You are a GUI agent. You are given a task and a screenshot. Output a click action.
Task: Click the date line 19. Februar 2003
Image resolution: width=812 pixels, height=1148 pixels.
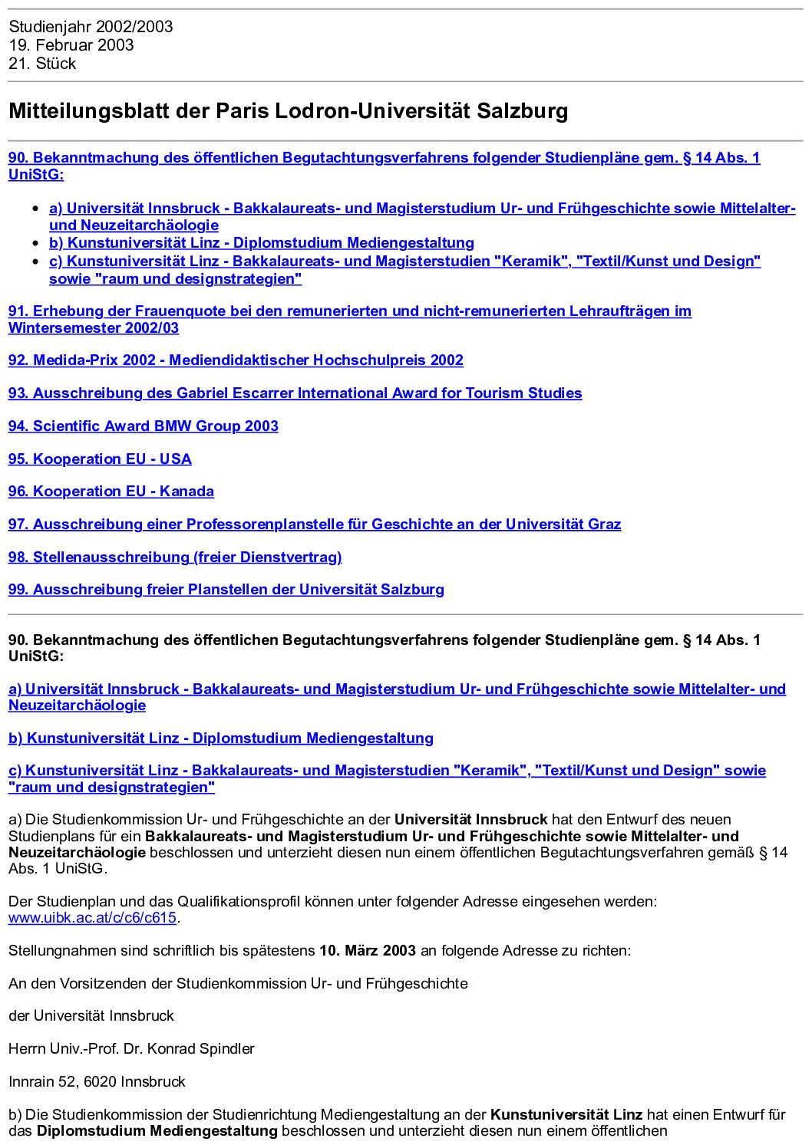(x=71, y=45)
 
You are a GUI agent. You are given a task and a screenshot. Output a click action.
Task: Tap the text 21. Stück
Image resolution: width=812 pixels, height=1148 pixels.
(x=42, y=64)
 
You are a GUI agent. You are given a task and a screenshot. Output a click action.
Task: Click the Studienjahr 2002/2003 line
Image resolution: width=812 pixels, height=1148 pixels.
(x=91, y=27)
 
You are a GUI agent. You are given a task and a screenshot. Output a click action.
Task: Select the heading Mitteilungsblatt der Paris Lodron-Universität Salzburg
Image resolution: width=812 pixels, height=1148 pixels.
(x=288, y=111)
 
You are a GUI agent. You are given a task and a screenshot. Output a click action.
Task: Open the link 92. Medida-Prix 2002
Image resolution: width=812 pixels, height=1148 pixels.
(x=236, y=360)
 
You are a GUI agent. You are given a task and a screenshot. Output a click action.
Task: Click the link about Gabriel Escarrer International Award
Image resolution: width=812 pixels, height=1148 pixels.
(x=295, y=393)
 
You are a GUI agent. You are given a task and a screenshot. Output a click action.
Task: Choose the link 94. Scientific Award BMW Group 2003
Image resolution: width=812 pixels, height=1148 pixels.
(x=143, y=426)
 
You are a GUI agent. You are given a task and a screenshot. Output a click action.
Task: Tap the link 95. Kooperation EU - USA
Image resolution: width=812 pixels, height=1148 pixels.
(x=100, y=459)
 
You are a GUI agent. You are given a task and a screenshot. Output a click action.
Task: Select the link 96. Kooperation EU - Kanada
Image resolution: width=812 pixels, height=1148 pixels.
(x=111, y=492)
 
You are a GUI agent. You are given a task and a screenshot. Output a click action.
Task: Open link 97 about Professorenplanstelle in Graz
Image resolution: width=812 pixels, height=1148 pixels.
(x=314, y=525)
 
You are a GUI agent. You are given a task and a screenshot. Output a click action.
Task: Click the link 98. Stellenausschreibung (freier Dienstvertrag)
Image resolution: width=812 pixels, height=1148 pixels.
(x=175, y=558)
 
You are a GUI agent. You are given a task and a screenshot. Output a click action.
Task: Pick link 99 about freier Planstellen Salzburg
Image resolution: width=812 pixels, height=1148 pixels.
(x=226, y=590)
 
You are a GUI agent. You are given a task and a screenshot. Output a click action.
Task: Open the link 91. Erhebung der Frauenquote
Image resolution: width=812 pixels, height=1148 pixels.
(x=349, y=311)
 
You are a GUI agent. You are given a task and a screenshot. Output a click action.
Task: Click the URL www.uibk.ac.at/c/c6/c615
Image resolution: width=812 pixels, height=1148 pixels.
(x=93, y=918)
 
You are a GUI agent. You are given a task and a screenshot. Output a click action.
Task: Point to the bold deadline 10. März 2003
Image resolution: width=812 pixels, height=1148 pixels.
(x=368, y=951)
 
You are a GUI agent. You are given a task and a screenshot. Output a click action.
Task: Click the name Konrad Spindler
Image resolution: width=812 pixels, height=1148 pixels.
(x=200, y=1049)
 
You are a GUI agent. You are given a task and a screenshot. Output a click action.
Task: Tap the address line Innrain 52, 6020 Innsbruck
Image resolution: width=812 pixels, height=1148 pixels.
(x=97, y=1082)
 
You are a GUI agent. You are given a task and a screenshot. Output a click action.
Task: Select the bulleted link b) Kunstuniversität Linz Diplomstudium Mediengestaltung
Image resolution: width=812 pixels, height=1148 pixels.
(x=261, y=243)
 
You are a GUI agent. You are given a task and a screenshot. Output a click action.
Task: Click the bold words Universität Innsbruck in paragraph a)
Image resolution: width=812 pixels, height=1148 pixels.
(x=470, y=820)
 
